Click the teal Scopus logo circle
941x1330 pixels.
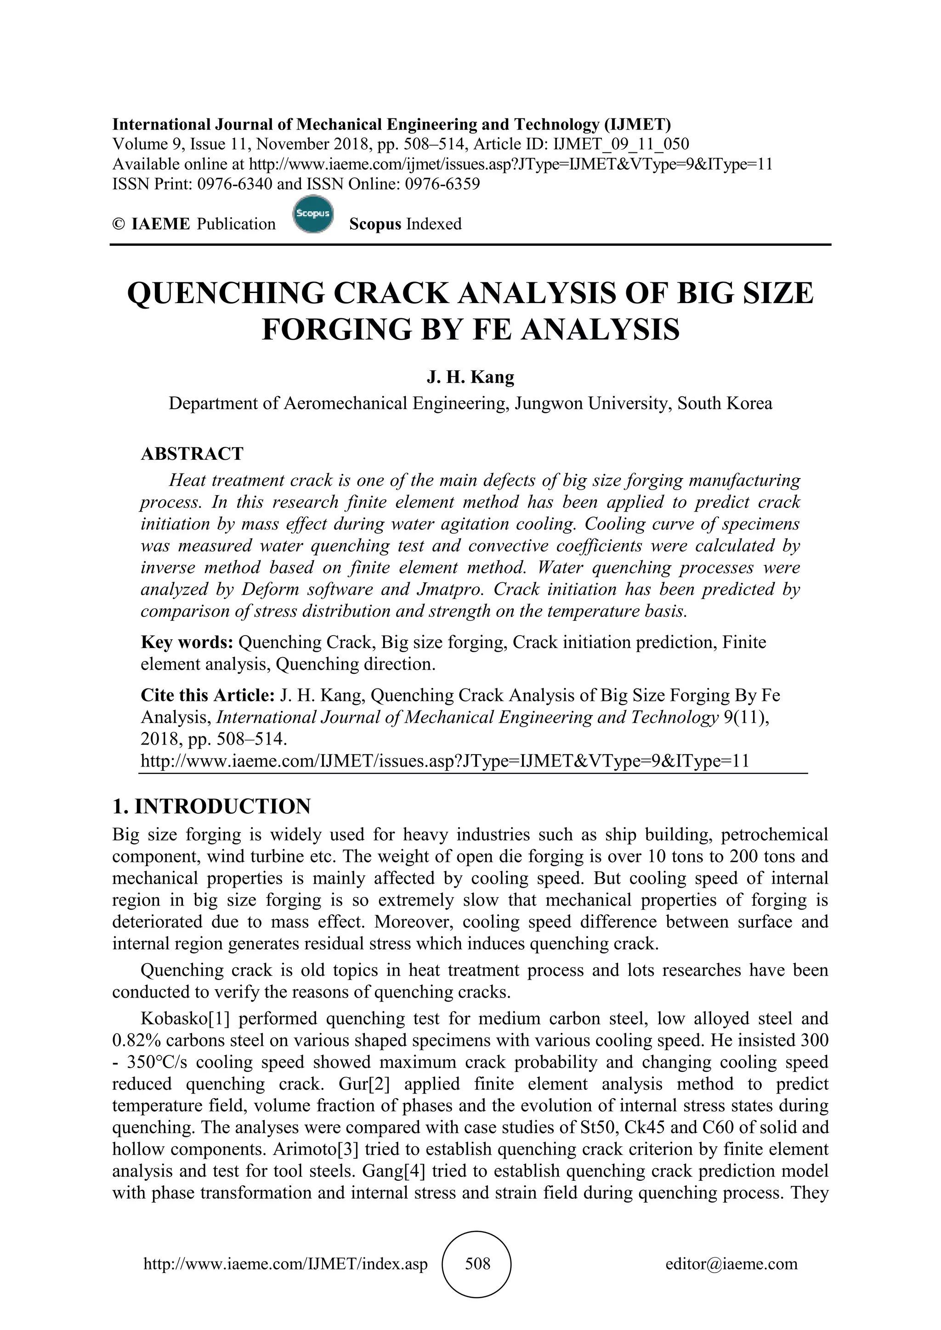(313, 215)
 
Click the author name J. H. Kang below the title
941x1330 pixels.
(470, 377)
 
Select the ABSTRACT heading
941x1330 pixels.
(192, 454)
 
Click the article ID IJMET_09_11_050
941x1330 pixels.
(621, 144)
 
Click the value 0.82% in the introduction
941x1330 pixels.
(131, 1040)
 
